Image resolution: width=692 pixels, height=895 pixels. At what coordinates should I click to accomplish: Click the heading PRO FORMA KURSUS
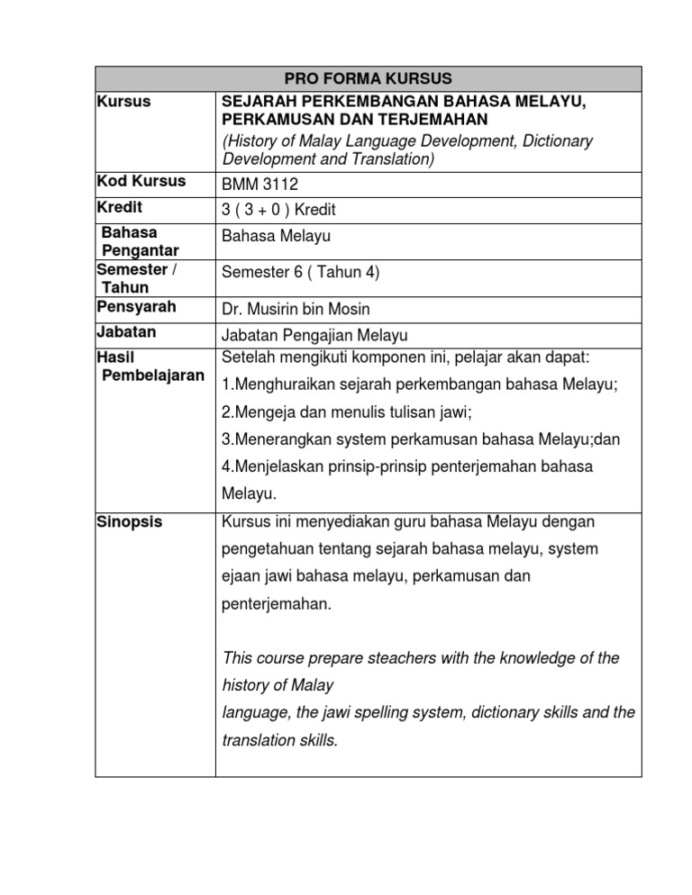tap(368, 78)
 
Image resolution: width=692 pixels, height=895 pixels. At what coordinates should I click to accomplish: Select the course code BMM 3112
tap(259, 185)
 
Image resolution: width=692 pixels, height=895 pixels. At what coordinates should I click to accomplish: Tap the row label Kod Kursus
tap(141, 181)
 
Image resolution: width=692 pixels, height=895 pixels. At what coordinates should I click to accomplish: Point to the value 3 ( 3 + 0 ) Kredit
tap(278, 210)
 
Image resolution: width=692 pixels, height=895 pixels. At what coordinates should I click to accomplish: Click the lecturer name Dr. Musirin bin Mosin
tap(295, 309)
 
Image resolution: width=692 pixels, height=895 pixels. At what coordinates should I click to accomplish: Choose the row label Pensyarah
tap(136, 307)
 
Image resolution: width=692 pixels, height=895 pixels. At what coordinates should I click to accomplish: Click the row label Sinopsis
tap(130, 522)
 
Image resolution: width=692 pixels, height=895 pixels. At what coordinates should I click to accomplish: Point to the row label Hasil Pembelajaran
tap(149, 366)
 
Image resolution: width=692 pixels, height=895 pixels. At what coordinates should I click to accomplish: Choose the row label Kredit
tap(119, 208)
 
